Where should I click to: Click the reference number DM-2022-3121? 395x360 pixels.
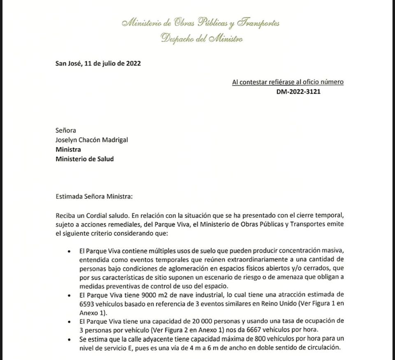pos(298,91)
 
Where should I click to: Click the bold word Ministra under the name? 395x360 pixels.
pos(68,149)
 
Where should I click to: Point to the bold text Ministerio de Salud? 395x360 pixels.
pos(85,159)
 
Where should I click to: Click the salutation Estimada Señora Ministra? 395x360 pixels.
pos(94,196)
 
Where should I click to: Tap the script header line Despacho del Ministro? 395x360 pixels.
pos(202,39)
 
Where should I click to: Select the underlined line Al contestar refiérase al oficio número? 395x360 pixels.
pos(288,82)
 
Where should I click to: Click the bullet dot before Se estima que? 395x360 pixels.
pos(69,339)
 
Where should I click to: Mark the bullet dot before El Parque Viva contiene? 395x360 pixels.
pos(69,251)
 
